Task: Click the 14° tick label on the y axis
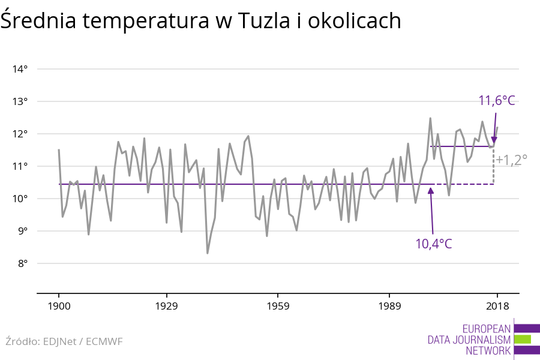(20, 69)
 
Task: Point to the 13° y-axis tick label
(20, 101)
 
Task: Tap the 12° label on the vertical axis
(20, 134)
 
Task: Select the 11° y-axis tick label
(20, 166)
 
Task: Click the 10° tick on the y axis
(20, 199)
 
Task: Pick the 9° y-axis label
(21, 231)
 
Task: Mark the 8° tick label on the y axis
(21, 263)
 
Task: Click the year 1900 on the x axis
(59, 306)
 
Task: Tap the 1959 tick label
(277, 306)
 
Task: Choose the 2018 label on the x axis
(497, 306)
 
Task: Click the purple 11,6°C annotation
(497, 100)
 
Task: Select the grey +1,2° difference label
(511, 160)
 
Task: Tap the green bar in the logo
(523, 339)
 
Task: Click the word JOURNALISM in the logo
(485, 340)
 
